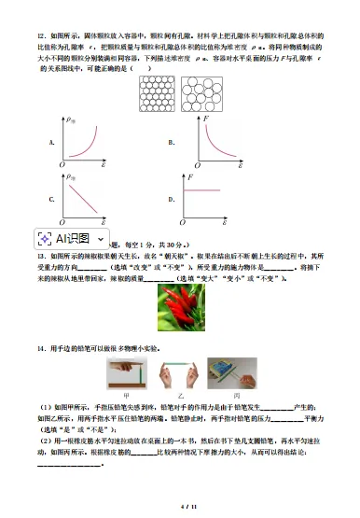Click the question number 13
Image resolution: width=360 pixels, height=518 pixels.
pos(40,255)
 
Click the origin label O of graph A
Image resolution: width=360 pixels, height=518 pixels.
pos(62,165)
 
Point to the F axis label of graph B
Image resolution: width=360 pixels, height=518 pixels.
pos(191,118)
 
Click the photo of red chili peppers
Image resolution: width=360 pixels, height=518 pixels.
pos(179,311)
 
